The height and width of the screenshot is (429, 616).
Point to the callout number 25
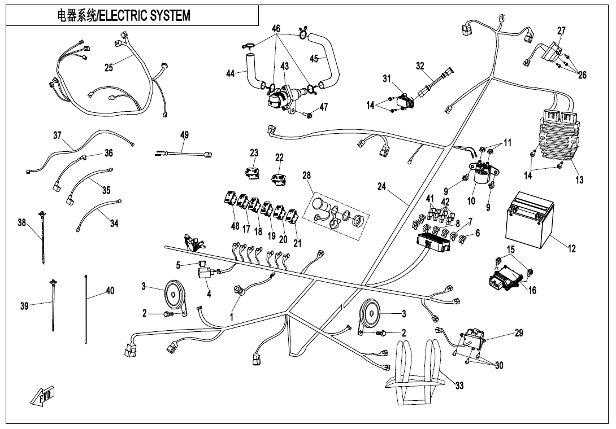[x=109, y=68]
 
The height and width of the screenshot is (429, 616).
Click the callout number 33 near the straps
[x=460, y=386]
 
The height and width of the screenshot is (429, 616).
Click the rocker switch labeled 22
[x=279, y=178]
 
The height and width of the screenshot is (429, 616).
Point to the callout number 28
[x=307, y=176]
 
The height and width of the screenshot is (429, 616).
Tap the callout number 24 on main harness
[x=382, y=186]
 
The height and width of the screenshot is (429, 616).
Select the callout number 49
[x=185, y=135]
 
